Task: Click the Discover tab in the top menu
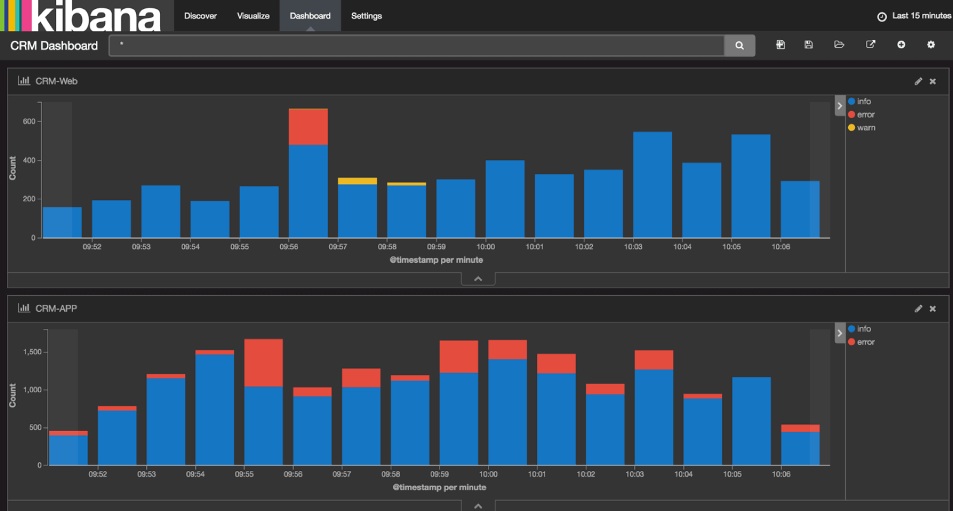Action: point(200,16)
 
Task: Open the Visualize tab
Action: point(253,16)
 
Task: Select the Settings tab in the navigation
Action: point(367,16)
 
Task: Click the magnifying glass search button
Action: point(740,46)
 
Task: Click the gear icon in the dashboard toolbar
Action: point(931,45)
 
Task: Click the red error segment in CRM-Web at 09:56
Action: point(308,127)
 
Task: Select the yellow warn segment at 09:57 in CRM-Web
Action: point(357,181)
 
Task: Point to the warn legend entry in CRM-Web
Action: point(865,128)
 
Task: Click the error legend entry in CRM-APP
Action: point(865,342)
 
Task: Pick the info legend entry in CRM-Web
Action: point(863,102)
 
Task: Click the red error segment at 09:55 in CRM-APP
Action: point(264,362)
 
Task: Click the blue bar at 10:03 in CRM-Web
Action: point(652,184)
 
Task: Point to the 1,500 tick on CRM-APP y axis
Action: point(32,352)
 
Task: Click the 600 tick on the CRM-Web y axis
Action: point(28,121)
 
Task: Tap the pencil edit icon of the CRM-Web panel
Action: point(918,81)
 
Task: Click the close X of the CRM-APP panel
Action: point(933,309)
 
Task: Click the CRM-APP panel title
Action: point(56,309)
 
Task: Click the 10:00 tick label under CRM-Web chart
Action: point(486,247)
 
